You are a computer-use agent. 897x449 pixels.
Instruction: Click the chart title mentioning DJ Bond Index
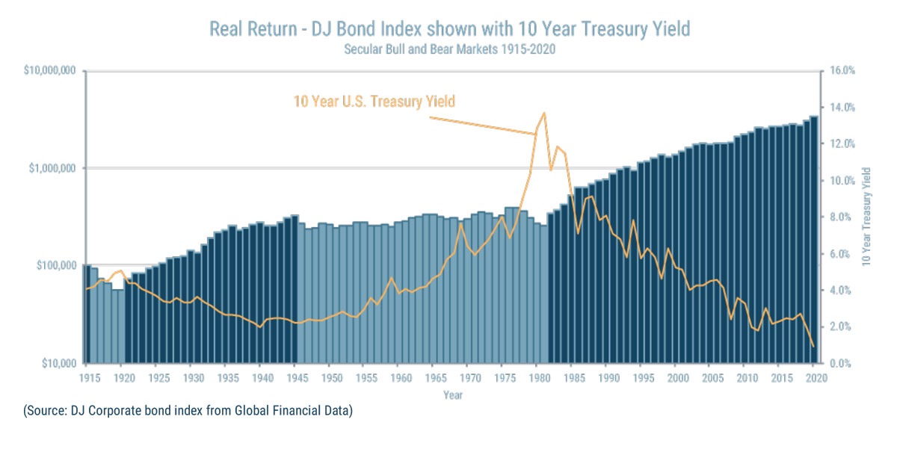coord(449,29)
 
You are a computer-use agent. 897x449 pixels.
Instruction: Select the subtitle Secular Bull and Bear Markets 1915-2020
coord(449,50)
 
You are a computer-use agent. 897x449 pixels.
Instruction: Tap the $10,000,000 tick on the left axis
coord(49,71)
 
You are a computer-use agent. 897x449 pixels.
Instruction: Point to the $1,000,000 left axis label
coord(52,168)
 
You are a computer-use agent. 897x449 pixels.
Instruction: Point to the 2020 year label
coord(815,378)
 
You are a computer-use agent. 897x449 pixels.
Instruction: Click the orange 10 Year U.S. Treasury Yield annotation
coord(374,102)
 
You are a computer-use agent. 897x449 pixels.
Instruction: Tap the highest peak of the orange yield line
coord(543,113)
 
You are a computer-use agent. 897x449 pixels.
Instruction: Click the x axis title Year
coord(451,394)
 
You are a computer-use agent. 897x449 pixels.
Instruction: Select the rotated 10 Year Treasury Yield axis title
coord(866,217)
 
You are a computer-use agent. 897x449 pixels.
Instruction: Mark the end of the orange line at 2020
coord(814,346)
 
